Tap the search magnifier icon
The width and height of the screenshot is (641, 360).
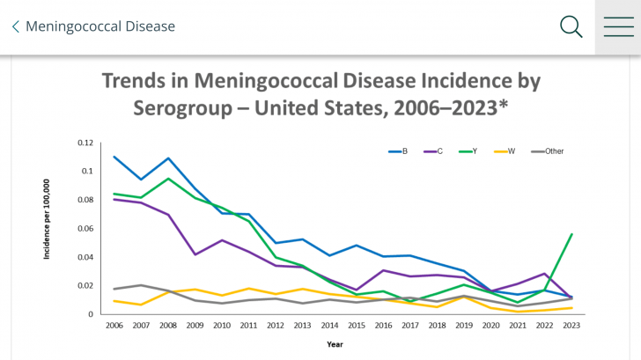571,26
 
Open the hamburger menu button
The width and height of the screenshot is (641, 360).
618,26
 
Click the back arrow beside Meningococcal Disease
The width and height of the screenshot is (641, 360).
15,26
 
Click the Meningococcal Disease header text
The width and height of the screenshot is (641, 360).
99,26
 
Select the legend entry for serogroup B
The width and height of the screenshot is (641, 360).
398,151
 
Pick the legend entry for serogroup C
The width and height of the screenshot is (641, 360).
433,151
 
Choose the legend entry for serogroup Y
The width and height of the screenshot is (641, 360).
469,151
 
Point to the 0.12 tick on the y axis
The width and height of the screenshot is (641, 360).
85,143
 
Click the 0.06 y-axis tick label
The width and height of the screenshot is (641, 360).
85,229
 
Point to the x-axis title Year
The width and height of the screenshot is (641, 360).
335,344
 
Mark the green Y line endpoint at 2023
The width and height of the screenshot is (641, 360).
571,234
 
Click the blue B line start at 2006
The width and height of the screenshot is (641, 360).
114,157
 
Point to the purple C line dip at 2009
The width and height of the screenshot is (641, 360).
194,254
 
